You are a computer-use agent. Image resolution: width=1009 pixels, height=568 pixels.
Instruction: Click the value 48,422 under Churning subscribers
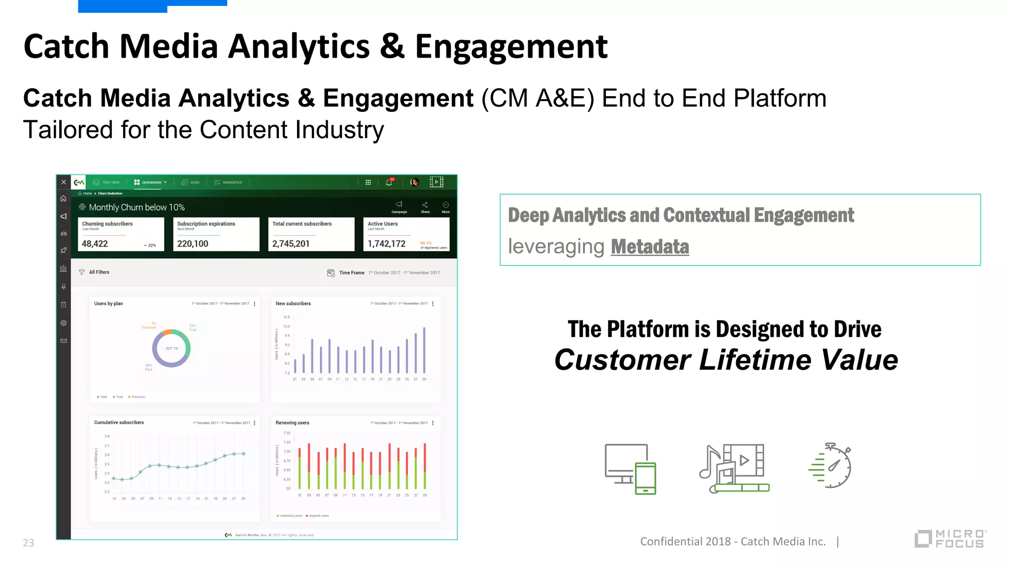coord(95,244)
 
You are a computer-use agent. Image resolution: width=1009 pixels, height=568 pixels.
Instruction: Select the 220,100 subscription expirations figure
coord(193,244)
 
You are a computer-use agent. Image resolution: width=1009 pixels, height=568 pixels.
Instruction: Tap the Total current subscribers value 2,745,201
coord(291,244)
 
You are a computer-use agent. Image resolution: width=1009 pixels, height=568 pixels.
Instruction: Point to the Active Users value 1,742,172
coord(386,244)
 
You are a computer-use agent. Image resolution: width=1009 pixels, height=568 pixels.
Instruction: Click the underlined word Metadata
coord(649,247)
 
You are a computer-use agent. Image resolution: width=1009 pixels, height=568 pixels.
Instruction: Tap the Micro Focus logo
coord(950,538)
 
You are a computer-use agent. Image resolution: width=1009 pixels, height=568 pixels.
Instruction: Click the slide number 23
coord(29,543)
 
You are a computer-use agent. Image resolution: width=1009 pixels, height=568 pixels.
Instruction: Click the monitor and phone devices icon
coord(630,469)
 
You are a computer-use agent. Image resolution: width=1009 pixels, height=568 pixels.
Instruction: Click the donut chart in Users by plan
coord(171,348)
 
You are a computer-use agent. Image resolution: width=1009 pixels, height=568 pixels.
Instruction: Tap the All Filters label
coord(99,272)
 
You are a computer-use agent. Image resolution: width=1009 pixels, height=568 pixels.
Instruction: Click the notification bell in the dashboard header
coord(389,182)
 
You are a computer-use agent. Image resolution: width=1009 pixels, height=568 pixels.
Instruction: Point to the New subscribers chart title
coord(293,304)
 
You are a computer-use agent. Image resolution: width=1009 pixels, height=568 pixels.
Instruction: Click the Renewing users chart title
coord(292,423)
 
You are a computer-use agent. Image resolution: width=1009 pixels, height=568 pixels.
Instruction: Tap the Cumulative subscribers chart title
coord(119,423)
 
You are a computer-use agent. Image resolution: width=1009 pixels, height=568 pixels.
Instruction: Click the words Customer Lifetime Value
coord(726,360)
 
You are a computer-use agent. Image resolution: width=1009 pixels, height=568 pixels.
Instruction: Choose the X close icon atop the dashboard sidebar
coord(64,182)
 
